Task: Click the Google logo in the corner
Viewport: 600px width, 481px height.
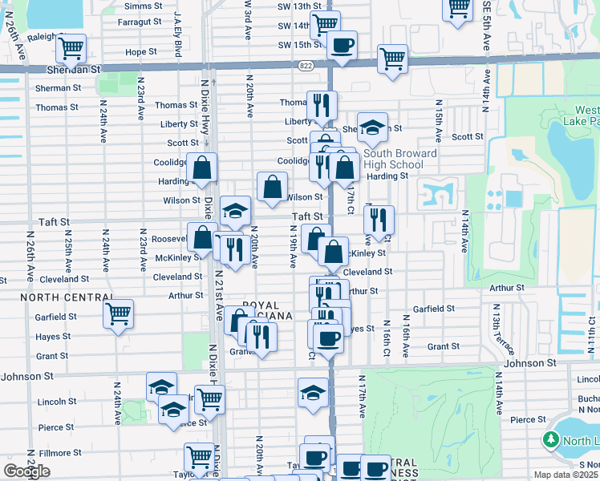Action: [x=26, y=471]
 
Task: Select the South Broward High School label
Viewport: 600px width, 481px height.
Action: [x=399, y=159]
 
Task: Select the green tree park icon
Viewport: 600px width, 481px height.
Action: [x=550, y=439]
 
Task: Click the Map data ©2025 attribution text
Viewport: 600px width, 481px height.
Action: [x=566, y=475]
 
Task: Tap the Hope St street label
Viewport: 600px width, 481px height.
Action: [x=140, y=51]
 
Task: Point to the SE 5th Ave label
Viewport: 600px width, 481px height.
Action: [x=484, y=27]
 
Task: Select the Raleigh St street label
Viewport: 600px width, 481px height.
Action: [x=26, y=37]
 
